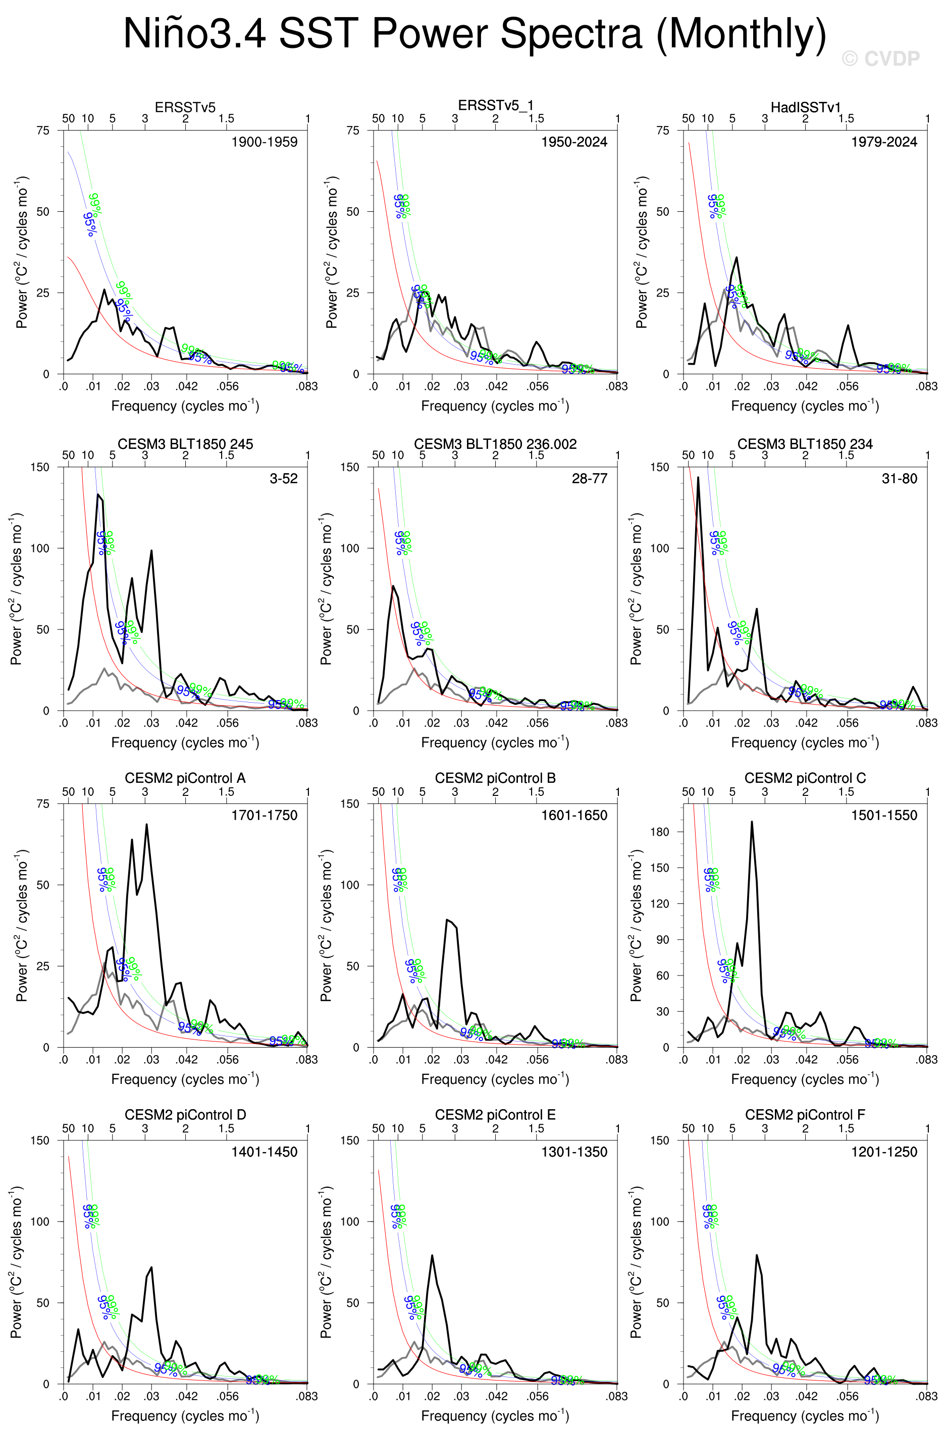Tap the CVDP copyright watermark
tap(880, 59)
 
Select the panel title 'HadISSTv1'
tap(805, 107)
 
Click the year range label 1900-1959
tap(265, 142)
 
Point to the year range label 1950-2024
tap(574, 142)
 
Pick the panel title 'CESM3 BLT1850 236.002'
tap(495, 444)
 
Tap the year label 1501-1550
tap(884, 815)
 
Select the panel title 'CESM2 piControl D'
tap(185, 1114)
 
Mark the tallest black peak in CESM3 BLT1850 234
tap(698, 478)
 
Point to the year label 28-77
tap(589, 478)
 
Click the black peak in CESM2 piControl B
tap(448, 920)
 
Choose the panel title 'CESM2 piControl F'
tap(805, 1114)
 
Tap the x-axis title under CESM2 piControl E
tap(495, 1416)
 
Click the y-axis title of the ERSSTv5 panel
tap(22, 252)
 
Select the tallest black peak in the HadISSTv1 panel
tap(737, 258)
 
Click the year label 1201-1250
tap(884, 1152)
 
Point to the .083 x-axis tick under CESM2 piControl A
tap(307, 1059)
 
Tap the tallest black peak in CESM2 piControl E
tap(432, 1256)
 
